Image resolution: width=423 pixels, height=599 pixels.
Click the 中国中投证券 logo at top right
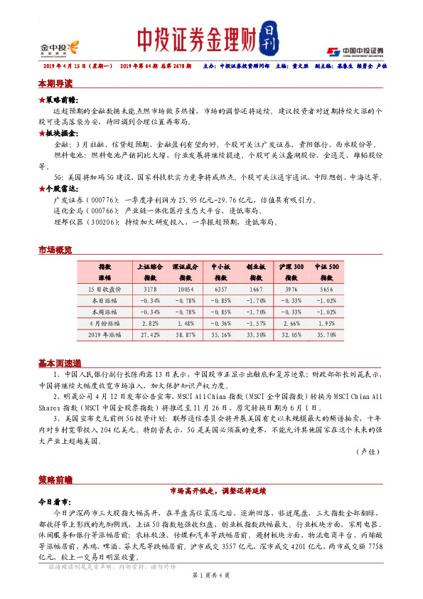coord(355,51)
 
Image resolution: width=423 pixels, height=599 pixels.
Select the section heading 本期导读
coord(55,83)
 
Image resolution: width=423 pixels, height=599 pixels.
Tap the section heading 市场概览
coord(55,250)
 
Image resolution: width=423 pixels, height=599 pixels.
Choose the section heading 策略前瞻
coord(55,479)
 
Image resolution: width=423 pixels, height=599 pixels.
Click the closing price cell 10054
coord(184,290)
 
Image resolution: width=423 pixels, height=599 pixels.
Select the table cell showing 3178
coord(150,290)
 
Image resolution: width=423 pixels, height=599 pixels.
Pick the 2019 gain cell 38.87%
coord(184,333)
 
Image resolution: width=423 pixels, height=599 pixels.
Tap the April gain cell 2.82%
coord(150,322)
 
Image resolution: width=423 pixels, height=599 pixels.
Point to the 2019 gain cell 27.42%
coord(150,333)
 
